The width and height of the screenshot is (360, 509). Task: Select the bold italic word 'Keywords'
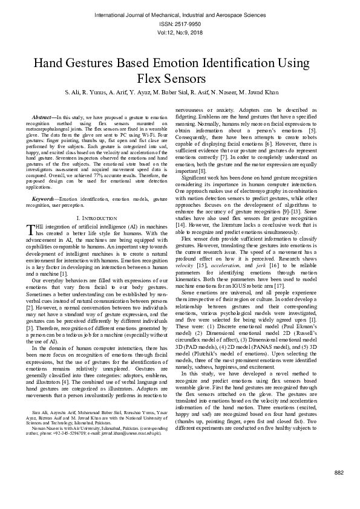click(x=44, y=198)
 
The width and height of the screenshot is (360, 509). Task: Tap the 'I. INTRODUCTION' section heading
click(x=96, y=217)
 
